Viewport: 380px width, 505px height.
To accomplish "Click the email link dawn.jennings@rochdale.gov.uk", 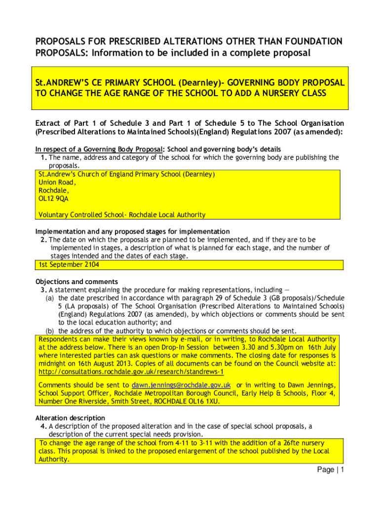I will click(181, 385).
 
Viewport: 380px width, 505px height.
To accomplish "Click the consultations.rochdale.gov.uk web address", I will click(131, 372).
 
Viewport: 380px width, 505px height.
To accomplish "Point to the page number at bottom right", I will click(330, 470).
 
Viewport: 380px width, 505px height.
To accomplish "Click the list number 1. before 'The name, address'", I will click(44, 157).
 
